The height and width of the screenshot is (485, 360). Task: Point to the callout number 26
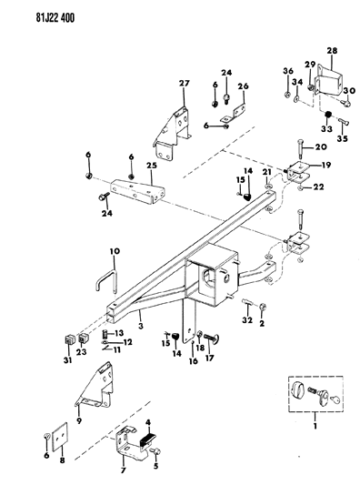coord(242,87)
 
